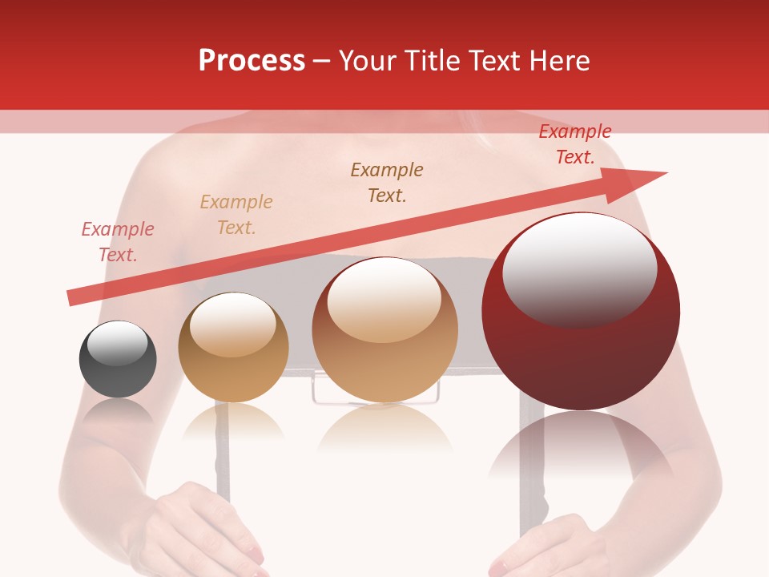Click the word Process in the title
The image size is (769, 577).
coord(252,61)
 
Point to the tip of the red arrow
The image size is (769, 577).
coord(665,173)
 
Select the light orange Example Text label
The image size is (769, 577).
coord(236,215)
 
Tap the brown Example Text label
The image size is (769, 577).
coord(387,183)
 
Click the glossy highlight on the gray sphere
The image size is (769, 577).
coord(118,343)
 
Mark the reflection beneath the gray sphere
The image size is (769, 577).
coord(118,413)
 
